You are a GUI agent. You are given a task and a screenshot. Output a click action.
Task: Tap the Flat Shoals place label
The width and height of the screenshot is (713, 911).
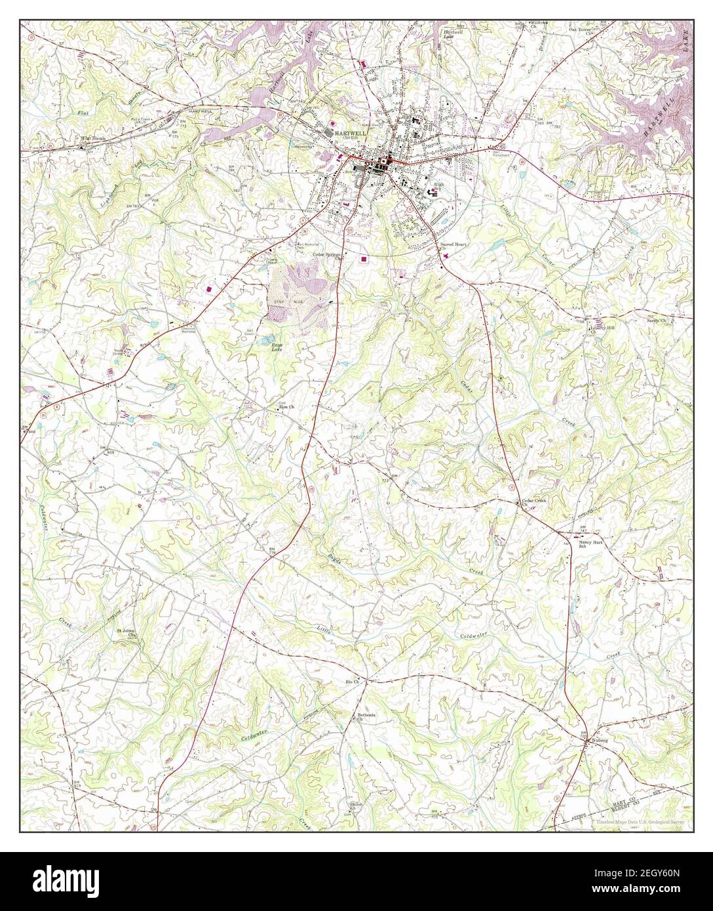coord(94,139)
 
